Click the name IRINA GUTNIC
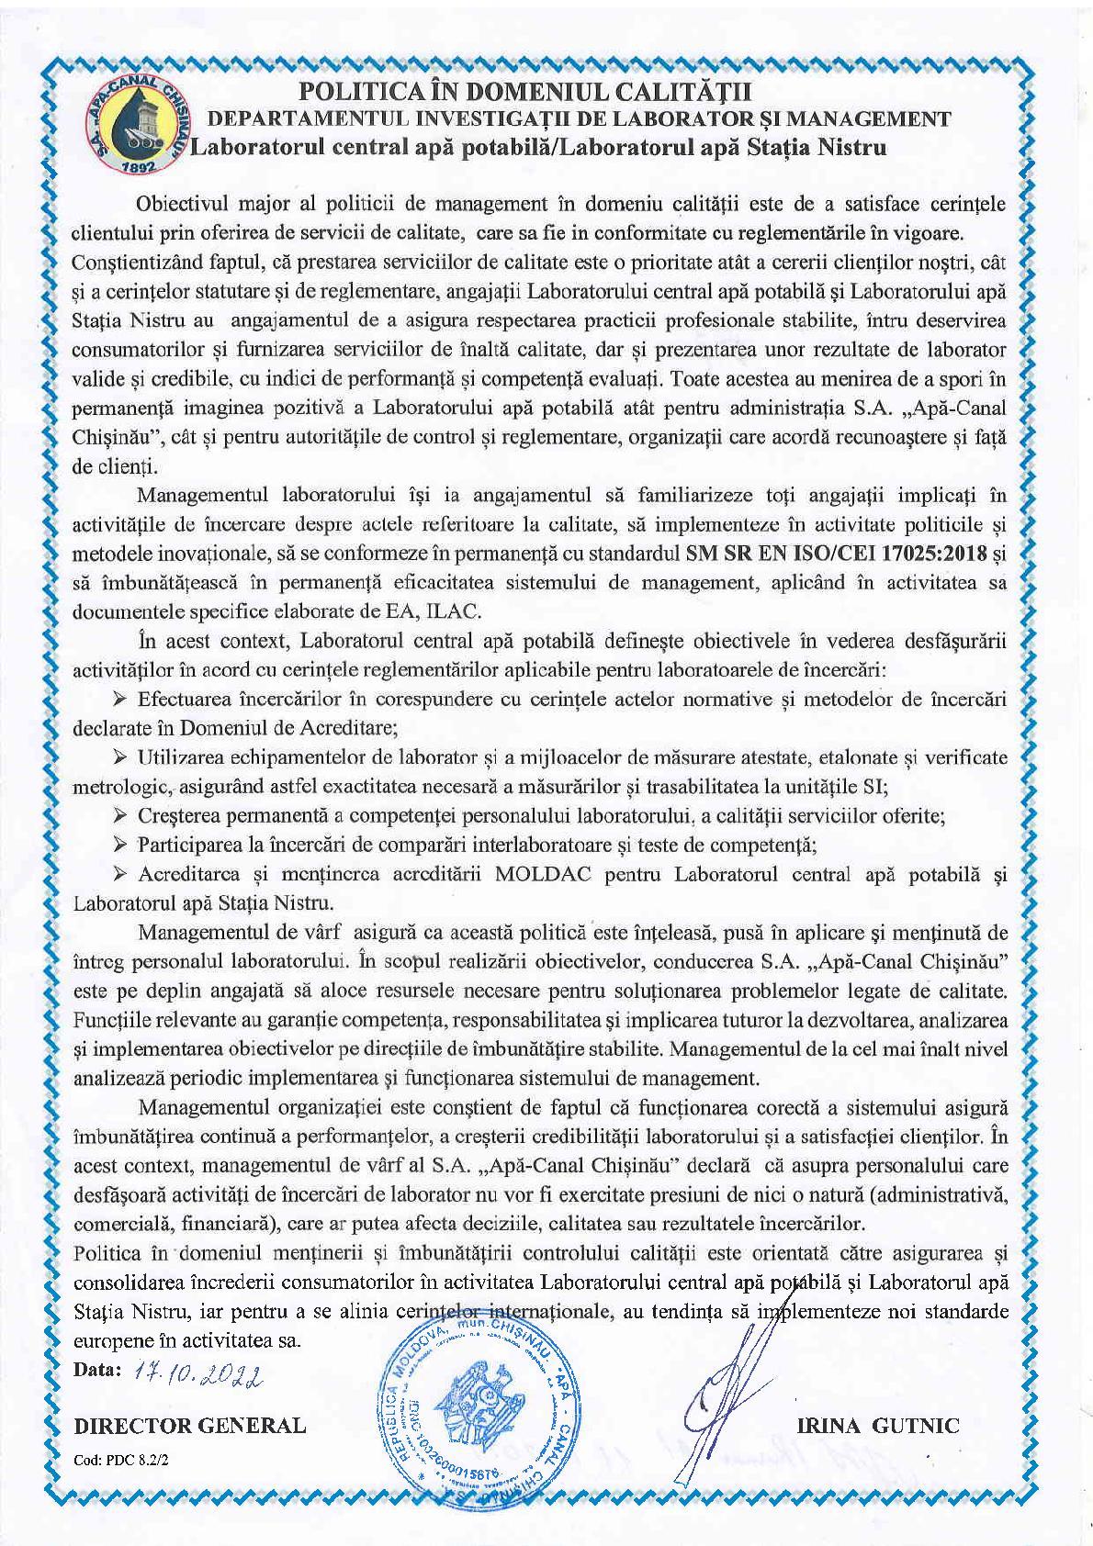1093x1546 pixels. click(x=879, y=1426)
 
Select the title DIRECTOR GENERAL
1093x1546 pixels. click(x=189, y=1426)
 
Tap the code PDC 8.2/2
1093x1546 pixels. click(x=115, y=1462)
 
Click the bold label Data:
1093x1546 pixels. click(x=96, y=1369)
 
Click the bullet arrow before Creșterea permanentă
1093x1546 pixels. click(x=120, y=816)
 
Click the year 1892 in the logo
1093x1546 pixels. click(x=141, y=170)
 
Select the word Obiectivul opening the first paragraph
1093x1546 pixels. click(x=181, y=204)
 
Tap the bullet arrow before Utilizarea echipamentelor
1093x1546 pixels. click(x=120, y=758)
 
